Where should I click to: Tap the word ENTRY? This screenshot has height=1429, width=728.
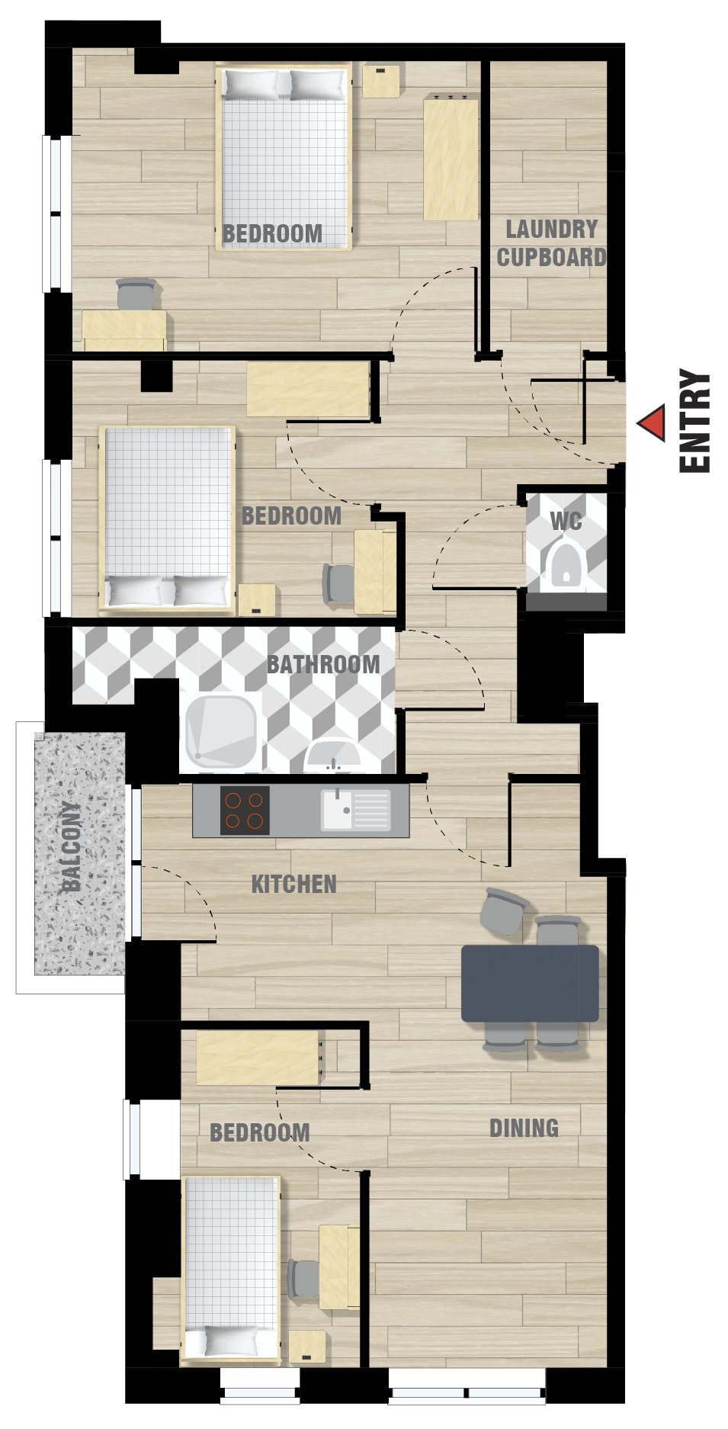[694, 422]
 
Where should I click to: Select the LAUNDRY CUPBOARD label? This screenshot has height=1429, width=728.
[551, 243]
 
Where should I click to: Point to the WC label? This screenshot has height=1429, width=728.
[566, 522]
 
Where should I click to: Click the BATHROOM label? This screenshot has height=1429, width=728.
[323, 664]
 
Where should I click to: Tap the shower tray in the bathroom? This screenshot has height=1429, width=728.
[220, 732]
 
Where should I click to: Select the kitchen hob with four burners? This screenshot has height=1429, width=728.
[245, 810]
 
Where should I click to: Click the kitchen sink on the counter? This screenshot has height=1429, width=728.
[355, 809]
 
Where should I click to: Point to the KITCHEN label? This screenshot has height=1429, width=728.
[294, 885]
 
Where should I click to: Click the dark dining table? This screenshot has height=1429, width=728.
[531, 983]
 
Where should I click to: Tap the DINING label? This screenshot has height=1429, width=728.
[524, 1128]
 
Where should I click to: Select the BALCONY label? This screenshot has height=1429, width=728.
[72, 847]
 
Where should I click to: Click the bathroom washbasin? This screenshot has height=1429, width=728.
[332, 756]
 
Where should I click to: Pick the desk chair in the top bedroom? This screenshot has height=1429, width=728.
[136, 294]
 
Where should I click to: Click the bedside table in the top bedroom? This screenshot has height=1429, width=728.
[381, 82]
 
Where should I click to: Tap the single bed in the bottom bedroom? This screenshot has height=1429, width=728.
[231, 1269]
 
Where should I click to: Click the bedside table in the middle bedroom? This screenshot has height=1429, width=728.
[257, 599]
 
